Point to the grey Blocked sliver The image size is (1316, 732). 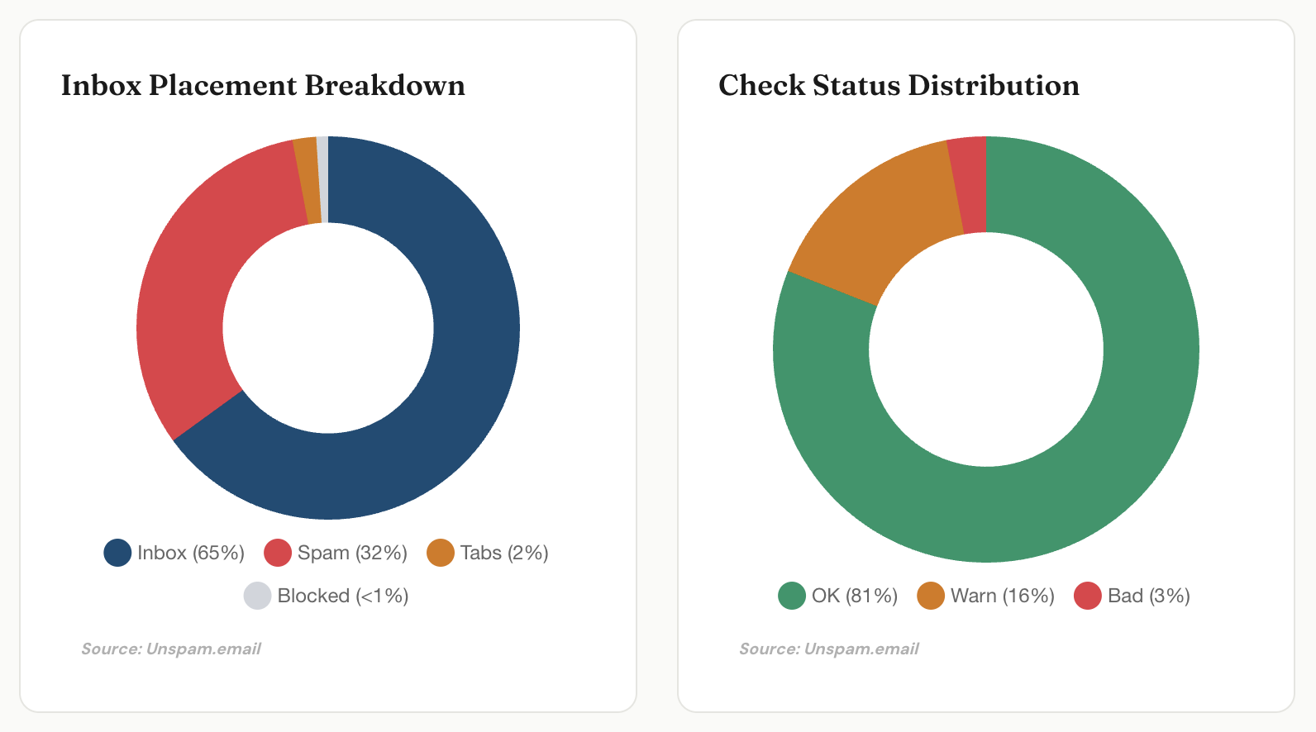point(322,179)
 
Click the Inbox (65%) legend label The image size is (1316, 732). point(191,553)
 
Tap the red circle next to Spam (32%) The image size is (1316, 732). point(278,553)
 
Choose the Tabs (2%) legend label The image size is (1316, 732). point(504,553)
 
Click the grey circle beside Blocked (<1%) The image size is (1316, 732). point(257,596)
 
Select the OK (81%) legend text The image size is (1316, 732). point(854,596)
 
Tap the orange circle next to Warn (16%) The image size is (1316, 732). point(931,596)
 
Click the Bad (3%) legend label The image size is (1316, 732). point(1148,596)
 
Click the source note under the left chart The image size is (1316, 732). point(171,649)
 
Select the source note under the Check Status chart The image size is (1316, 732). point(829,649)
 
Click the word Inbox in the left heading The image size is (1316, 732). point(101,85)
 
